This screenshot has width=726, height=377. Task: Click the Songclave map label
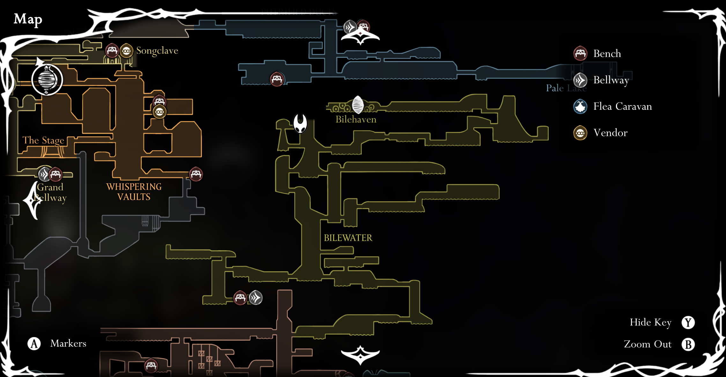[x=157, y=51]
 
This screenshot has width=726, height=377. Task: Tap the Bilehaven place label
[x=356, y=119]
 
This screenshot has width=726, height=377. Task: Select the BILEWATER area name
[x=348, y=238]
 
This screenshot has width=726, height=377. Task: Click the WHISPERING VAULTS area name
[x=134, y=192]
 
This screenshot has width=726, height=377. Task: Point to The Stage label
[x=43, y=140]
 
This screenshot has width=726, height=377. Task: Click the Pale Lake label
[x=566, y=88]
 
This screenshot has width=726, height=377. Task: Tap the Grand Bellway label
[x=50, y=192]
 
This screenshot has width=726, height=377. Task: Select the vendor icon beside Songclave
[x=126, y=51]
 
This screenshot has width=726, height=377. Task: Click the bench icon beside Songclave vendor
[x=112, y=51]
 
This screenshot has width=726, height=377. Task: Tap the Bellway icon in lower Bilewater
[x=256, y=298]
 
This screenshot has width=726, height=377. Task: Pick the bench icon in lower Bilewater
[x=240, y=298]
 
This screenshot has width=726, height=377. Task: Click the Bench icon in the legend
[x=580, y=53]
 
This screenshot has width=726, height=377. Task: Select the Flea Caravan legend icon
[x=580, y=106]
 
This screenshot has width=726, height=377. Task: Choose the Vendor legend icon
[x=580, y=133]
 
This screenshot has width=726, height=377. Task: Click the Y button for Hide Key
[x=688, y=322]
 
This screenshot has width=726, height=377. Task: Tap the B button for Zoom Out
[x=688, y=344]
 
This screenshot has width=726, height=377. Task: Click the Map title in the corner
[x=28, y=19]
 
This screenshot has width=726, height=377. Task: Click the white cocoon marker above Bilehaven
[x=358, y=104]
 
